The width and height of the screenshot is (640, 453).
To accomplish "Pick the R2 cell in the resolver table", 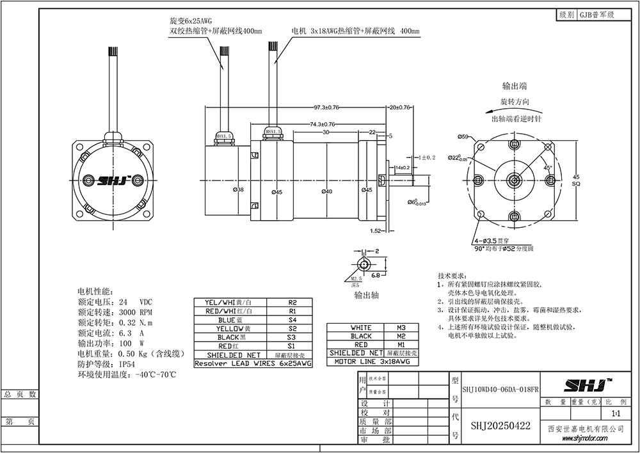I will (x=292, y=302).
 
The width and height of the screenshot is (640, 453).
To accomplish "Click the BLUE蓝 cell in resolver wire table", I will (x=230, y=320).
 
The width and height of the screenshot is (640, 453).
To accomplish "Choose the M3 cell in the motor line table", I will (x=401, y=327).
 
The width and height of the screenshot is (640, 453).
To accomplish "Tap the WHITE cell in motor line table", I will (x=361, y=327).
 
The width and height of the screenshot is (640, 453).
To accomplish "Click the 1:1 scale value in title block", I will (x=615, y=414).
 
